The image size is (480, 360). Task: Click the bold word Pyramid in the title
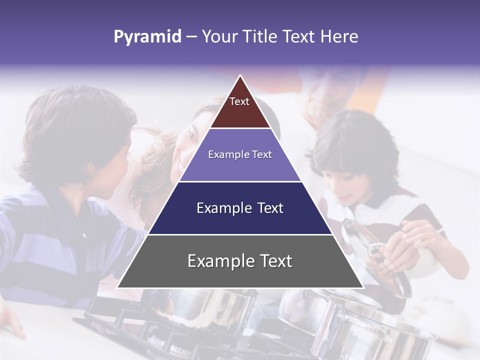147,37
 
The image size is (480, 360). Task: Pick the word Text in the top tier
239,101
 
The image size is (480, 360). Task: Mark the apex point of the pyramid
240,76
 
